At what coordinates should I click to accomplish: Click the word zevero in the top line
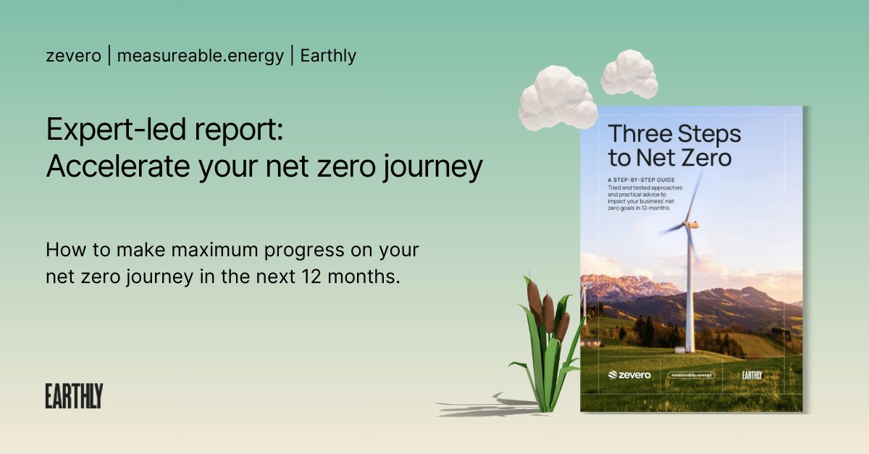[x=72, y=56]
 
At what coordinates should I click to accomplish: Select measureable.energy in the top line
[x=201, y=56]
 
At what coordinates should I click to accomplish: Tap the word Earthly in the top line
[x=329, y=56]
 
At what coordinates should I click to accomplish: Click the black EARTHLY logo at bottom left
[x=74, y=396]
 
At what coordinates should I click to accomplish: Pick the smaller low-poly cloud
[x=629, y=74]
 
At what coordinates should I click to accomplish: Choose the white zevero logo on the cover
[x=629, y=375]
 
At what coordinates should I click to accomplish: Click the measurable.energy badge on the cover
[x=692, y=375]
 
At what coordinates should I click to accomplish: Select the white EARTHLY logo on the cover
[x=752, y=375]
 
